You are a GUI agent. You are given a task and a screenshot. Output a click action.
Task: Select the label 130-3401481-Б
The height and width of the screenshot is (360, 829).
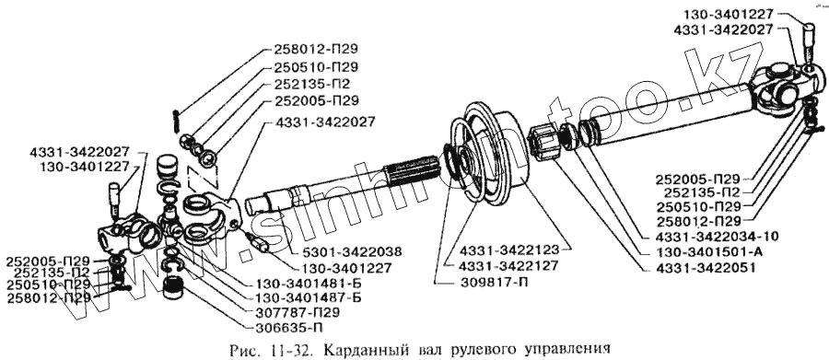point(309,283)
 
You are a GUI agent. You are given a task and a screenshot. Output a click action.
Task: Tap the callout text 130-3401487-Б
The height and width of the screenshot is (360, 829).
point(309,297)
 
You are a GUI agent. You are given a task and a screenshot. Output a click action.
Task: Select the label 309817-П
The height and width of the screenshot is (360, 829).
point(496,281)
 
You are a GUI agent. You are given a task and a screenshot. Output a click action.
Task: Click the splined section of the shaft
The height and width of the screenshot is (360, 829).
point(412,170)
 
